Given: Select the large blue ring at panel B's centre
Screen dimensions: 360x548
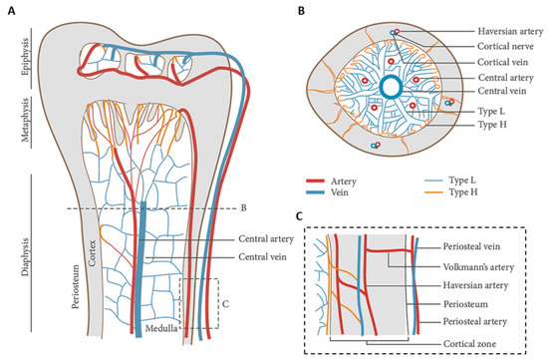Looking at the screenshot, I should [x=392, y=88].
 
